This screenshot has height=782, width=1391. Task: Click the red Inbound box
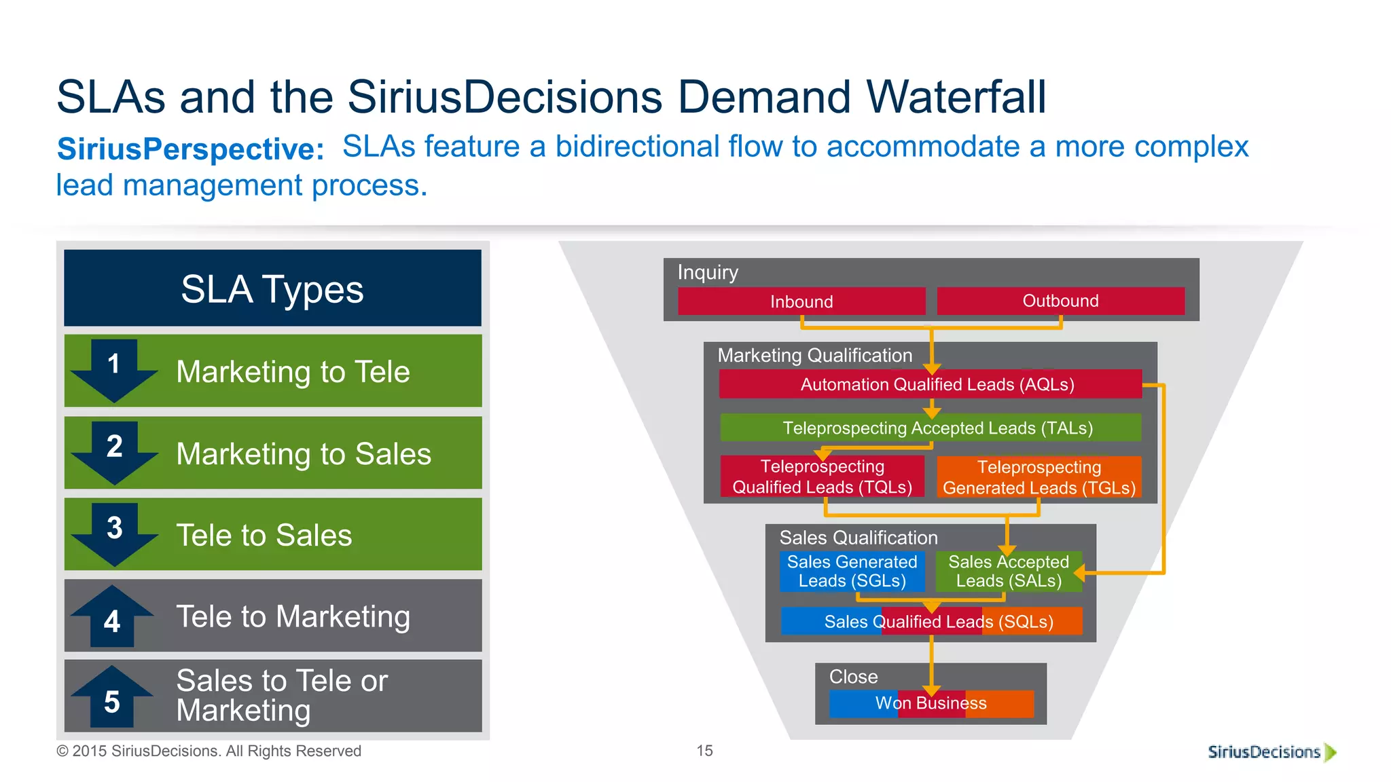tap(801, 301)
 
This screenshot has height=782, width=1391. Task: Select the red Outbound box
tap(1060, 301)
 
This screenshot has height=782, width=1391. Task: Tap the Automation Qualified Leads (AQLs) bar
tap(931, 384)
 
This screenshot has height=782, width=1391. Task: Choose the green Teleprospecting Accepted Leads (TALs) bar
tap(931, 428)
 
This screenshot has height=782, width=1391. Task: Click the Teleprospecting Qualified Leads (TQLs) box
tap(822, 477)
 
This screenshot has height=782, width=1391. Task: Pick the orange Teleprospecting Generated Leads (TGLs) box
tap(1039, 477)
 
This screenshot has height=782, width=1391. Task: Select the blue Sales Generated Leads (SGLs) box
tap(852, 571)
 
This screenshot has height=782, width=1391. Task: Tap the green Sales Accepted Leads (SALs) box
tap(1008, 571)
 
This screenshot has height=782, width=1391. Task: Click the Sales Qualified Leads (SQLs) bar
tap(931, 621)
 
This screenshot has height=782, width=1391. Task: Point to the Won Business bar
tap(931, 703)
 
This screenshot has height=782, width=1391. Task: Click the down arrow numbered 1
tap(114, 370)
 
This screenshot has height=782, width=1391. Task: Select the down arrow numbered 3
tap(114, 534)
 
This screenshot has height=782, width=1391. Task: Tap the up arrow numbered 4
tap(112, 615)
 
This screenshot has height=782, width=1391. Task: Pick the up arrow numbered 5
tap(112, 696)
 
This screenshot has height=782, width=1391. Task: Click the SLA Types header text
tap(272, 289)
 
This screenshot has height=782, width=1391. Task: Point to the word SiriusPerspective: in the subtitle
tap(190, 149)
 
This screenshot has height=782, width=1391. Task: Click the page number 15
tap(704, 751)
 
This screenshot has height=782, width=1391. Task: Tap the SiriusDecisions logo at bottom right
tap(1271, 752)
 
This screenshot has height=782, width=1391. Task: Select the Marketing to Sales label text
tap(304, 454)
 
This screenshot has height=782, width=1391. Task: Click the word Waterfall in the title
tap(956, 97)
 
